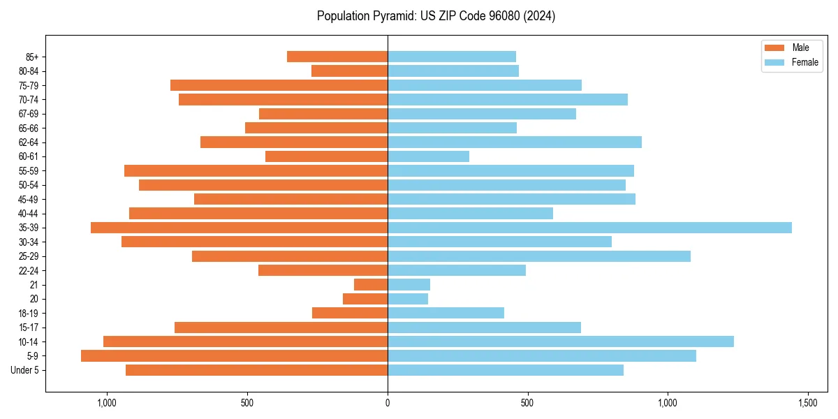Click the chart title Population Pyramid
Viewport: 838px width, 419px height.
click(x=436, y=16)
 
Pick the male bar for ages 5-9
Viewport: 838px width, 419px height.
click(x=234, y=356)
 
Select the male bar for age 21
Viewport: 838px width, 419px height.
click(x=371, y=285)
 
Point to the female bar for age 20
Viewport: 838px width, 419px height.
click(x=408, y=299)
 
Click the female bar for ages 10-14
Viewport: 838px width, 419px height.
click(x=560, y=341)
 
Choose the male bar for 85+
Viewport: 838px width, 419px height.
click(x=337, y=57)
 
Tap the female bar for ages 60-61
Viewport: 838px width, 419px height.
click(x=428, y=156)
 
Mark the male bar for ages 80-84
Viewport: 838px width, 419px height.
click(x=349, y=71)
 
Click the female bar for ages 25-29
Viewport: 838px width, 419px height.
click(x=538, y=256)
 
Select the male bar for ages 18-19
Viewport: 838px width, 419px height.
click(x=350, y=313)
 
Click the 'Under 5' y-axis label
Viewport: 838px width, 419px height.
click(x=24, y=370)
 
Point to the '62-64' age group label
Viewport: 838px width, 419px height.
click(x=29, y=142)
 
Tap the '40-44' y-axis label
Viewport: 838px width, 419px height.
click(x=29, y=214)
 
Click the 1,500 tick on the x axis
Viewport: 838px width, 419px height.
click(x=808, y=404)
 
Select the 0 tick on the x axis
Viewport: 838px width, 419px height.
click(x=388, y=404)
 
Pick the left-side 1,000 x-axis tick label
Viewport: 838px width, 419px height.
click(x=107, y=404)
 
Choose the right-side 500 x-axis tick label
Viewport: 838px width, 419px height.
click(x=527, y=404)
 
